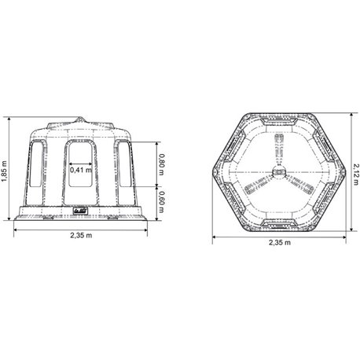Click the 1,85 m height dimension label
point(5,171)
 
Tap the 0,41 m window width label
point(81,170)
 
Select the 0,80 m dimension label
point(162,164)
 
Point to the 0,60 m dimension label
point(162,202)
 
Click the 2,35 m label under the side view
point(81,235)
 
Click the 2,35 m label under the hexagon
point(280,242)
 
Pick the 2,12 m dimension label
point(356,174)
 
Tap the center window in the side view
point(80,164)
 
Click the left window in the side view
point(35,164)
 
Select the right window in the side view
point(125,164)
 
